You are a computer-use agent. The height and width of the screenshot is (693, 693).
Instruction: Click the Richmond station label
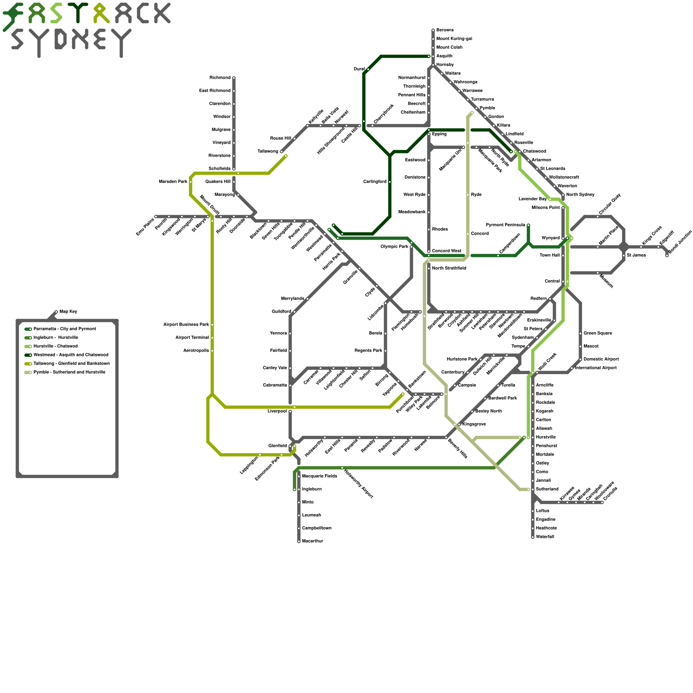(x=220, y=78)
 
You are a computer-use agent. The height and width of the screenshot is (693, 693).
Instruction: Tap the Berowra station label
(x=445, y=30)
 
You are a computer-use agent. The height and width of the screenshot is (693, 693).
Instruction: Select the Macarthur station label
(x=312, y=541)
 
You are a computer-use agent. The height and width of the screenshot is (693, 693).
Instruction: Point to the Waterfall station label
(x=545, y=537)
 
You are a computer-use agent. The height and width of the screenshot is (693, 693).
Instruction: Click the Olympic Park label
(x=395, y=247)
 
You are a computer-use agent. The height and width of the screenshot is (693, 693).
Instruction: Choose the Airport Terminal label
(x=192, y=338)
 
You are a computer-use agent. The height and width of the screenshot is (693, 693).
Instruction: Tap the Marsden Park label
(x=173, y=182)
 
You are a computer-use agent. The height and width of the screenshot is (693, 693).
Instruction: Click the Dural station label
(x=359, y=69)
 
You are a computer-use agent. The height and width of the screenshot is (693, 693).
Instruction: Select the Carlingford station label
(x=375, y=182)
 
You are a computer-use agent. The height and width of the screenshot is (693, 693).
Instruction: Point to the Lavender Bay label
(x=533, y=199)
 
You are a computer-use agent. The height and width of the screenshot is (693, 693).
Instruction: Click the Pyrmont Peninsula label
(x=505, y=225)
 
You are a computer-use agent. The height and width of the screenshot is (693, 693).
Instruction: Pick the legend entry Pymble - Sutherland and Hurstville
(x=69, y=372)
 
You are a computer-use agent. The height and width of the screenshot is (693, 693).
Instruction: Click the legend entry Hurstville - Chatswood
(x=55, y=346)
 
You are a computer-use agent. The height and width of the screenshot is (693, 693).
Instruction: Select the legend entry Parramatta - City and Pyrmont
(x=65, y=329)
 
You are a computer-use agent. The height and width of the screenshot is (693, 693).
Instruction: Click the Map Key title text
(x=68, y=312)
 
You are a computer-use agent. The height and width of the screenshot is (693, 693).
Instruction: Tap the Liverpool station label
(x=277, y=411)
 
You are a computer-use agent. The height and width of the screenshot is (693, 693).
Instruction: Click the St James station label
(x=636, y=256)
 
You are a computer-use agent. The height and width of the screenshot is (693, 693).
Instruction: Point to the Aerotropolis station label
(x=196, y=351)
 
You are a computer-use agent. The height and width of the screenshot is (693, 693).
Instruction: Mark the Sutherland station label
(x=547, y=489)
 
